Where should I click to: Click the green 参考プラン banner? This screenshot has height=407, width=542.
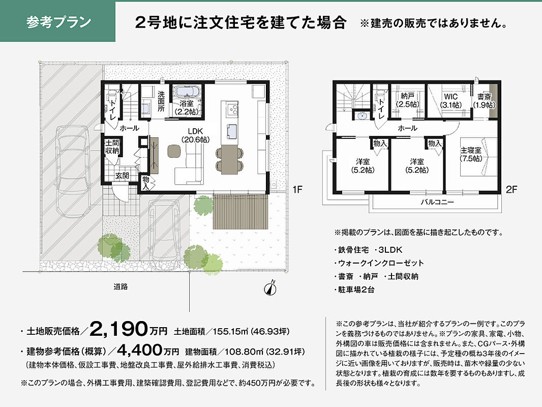click(57, 21)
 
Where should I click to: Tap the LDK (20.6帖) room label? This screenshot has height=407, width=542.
click(195, 135)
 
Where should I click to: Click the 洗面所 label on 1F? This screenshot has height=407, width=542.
click(161, 101)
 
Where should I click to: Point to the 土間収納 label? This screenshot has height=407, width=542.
click(112, 147)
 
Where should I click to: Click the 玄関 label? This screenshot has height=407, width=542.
click(122, 176)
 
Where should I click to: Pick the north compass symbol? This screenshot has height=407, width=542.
click(270, 288)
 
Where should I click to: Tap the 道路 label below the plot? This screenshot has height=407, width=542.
click(121, 286)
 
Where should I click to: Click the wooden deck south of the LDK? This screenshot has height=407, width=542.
click(240, 211)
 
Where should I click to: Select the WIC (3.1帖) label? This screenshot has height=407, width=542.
click(451, 101)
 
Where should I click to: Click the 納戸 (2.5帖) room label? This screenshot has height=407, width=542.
click(408, 100)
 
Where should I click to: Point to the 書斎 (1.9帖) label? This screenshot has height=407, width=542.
click(484, 101)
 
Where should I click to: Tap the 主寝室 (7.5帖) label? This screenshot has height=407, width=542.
click(471, 155)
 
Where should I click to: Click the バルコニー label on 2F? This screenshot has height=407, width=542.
click(437, 202)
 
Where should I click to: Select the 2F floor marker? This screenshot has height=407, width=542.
click(511, 189)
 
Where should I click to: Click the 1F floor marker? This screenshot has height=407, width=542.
click(297, 189)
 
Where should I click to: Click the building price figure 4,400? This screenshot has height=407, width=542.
click(140, 351)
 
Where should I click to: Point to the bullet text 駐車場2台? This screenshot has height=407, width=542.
click(356, 290)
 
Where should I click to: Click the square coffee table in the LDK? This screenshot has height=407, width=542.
click(174, 151)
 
